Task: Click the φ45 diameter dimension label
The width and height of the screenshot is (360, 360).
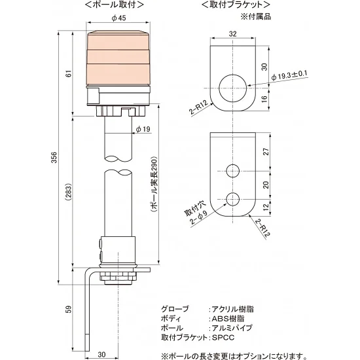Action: click(119, 18)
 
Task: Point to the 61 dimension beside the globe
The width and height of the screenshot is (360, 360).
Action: click(68, 73)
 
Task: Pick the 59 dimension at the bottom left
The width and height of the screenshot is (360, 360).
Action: click(68, 309)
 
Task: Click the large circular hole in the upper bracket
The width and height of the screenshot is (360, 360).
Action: click(233, 86)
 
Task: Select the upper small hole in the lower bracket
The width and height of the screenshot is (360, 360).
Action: click(233, 171)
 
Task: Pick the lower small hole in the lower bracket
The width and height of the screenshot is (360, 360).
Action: click(233, 199)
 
